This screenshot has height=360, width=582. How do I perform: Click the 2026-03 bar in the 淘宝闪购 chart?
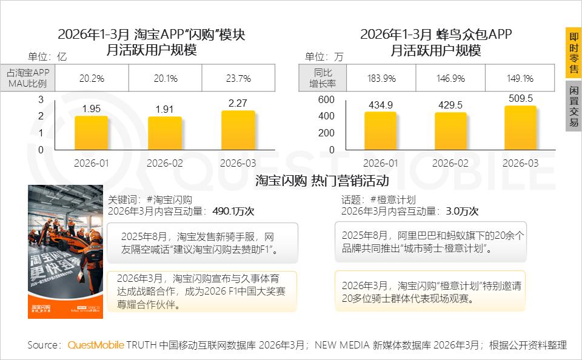click(238, 130)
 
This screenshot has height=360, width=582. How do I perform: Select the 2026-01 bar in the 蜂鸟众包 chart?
click(380, 131)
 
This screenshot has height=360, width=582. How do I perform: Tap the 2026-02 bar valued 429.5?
click(451, 131)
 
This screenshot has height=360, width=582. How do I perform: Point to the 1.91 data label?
click(165, 110)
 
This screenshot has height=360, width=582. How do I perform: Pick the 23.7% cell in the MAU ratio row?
click(238, 78)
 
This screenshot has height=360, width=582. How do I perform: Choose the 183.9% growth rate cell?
click(381, 78)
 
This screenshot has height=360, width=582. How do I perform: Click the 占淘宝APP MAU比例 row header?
click(28, 78)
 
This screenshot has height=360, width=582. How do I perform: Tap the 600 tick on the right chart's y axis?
click(326, 99)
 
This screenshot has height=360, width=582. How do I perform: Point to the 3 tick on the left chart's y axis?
click(41, 99)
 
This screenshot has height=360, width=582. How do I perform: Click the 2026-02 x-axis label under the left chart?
click(165, 163)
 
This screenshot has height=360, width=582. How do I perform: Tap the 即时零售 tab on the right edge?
click(574, 53)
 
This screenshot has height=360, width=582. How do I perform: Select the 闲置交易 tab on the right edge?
click(574, 106)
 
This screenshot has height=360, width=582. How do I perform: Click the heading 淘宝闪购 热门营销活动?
click(322, 181)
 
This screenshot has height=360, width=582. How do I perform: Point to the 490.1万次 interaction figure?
click(233, 212)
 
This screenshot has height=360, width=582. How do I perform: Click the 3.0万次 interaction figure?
click(462, 212)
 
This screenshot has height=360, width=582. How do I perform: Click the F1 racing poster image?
click(65, 252)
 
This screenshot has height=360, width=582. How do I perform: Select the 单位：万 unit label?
click(324, 57)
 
